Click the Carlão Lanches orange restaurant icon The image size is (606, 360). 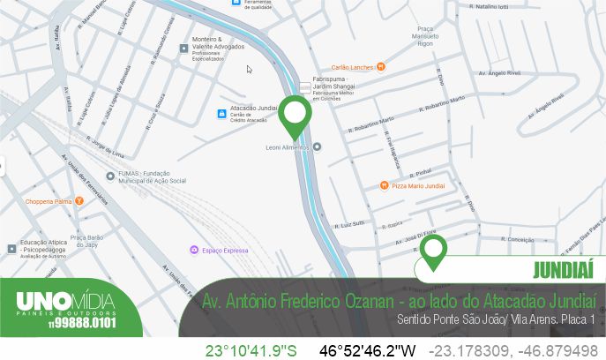click(381, 65)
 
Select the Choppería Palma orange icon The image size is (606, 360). click(79, 201)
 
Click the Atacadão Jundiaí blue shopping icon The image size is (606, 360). click(221, 113)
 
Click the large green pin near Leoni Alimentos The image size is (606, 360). click(295, 118)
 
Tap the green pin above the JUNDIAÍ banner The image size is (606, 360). click(432, 251)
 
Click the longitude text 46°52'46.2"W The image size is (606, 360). click(366, 350)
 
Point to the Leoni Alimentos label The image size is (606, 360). click(288, 147)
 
